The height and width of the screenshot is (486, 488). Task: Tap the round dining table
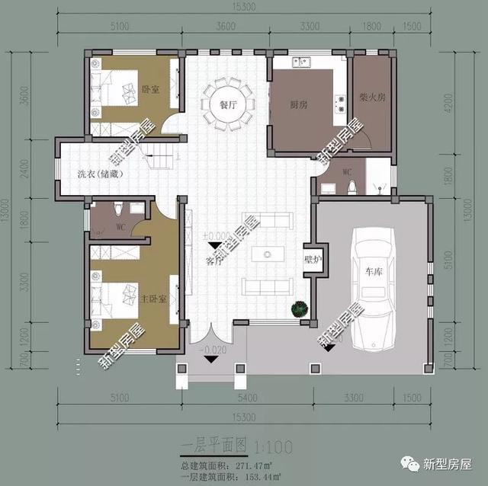tap(225, 103)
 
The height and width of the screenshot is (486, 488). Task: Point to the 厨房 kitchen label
tap(298, 104)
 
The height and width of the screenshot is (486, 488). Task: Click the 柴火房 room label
tap(371, 98)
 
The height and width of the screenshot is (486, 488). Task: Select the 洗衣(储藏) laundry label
tap(100, 174)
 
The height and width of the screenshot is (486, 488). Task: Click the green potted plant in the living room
tap(299, 309)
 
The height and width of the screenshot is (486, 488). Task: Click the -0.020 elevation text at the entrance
tap(214, 350)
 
